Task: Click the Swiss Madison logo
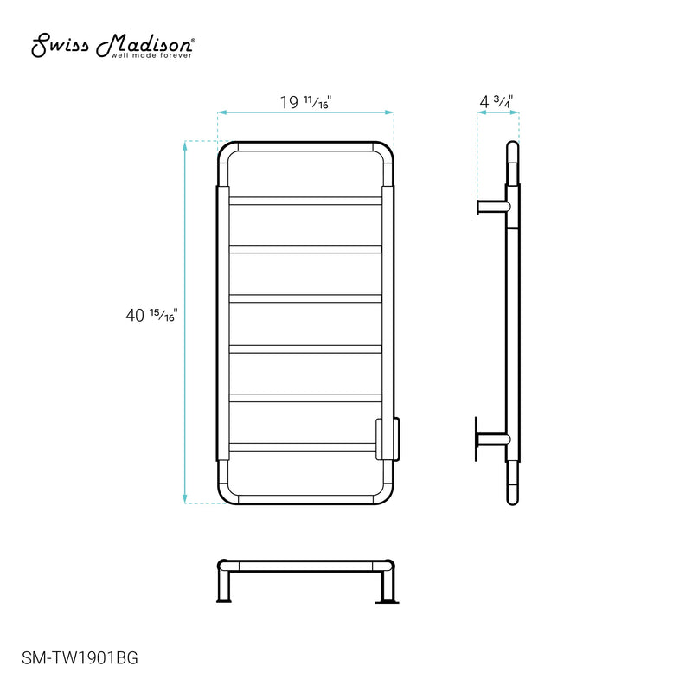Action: click(112, 46)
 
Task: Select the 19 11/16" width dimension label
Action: click(305, 101)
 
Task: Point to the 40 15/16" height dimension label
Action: click(151, 317)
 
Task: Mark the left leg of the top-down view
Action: click(223, 584)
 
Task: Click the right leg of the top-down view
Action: click(388, 584)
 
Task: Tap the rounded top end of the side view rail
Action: click(512, 147)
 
